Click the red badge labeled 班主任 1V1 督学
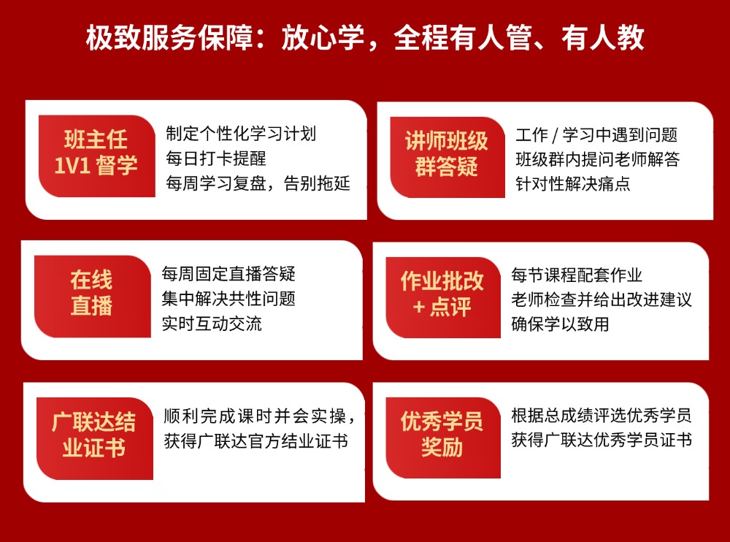point(96,152)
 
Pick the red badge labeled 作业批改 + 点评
point(442,294)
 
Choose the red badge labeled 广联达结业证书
point(93,435)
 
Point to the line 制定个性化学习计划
point(241,134)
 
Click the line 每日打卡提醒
point(216,159)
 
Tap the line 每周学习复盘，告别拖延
point(258,183)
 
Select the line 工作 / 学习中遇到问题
point(596,134)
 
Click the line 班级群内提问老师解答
point(598,159)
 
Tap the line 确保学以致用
point(560,324)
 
